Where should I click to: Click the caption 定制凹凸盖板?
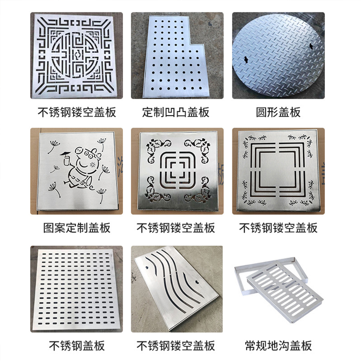[x=176, y=112]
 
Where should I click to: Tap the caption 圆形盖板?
[x=278, y=112]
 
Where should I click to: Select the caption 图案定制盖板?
[x=77, y=228]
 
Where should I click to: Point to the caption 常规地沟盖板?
[x=278, y=346]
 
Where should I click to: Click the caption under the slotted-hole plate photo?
[x=77, y=346]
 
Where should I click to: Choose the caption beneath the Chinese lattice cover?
[x=77, y=112]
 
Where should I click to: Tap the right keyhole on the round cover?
[x=311, y=46]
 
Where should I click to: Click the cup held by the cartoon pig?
[x=66, y=160]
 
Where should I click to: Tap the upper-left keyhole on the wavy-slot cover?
[x=147, y=268]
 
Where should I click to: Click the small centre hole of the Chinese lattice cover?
[x=76, y=55]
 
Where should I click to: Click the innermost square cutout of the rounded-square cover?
[x=178, y=170]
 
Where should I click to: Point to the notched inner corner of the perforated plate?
[x=190, y=44]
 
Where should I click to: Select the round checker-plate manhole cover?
[x=278, y=56]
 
